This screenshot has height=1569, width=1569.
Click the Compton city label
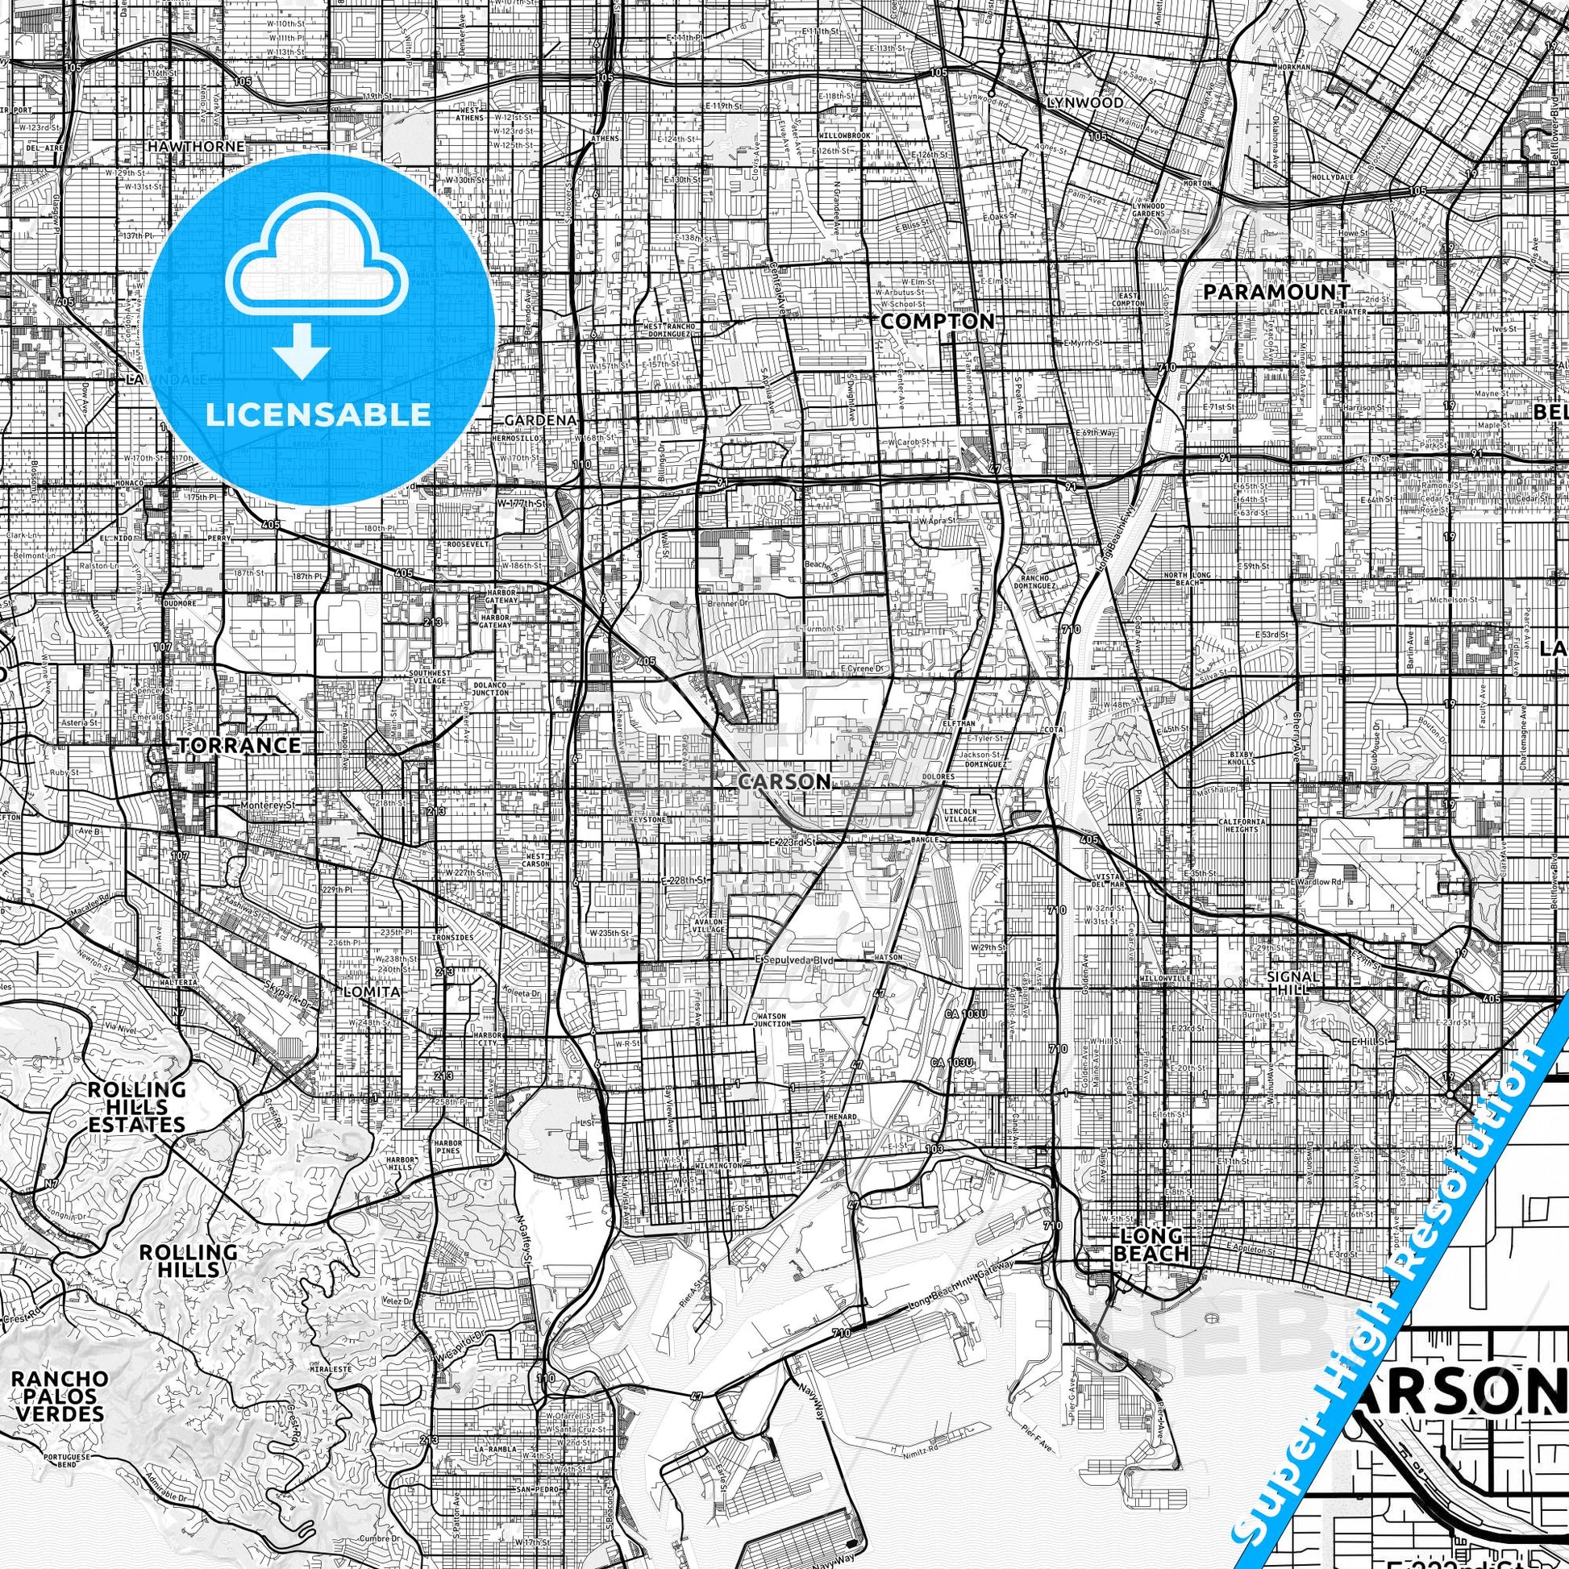pyautogui.click(x=937, y=322)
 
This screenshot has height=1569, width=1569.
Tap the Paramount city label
pyautogui.click(x=1276, y=292)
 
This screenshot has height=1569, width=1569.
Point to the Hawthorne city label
pyautogui.click(x=196, y=146)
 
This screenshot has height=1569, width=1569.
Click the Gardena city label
pyautogui.click(x=540, y=421)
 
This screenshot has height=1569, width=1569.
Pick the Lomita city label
pyautogui.click(x=372, y=992)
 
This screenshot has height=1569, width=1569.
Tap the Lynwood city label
pyautogui.click(x=1085, y=103)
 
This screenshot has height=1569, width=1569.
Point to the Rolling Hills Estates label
pyautogui.click(x=136, y=1107)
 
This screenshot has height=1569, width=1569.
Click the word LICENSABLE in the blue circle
pyautogui.click(x=318, y=415)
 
